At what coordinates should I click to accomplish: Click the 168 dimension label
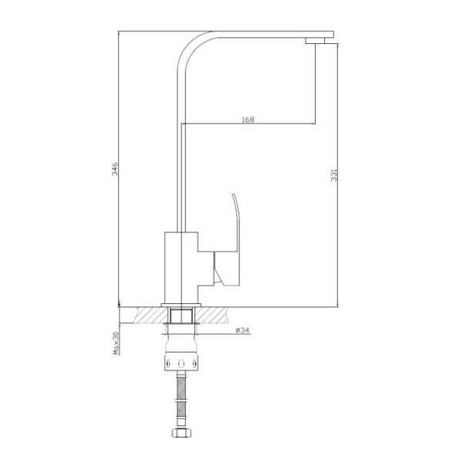click(x=248, y=120)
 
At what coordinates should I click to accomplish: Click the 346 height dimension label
click(x=114, y=168)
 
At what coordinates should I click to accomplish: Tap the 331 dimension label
click(x=333, y=175)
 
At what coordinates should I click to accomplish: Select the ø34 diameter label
click(x=243, y=330)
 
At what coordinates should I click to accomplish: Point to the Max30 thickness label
click(x=116, y=343)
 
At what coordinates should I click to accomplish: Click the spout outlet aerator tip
click(x=316, y=41)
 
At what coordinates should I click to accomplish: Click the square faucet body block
click(x=181, y=268)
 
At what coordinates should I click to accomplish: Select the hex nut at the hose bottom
click(x=181, y=433)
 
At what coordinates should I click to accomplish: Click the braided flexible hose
click(x=181, y=400)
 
